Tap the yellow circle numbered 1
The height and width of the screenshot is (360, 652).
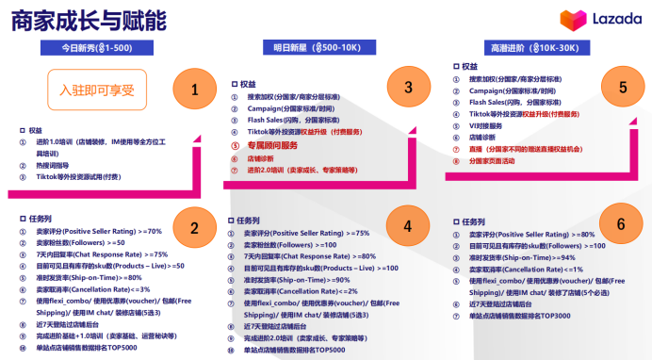195,90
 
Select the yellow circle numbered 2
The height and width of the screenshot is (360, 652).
195,227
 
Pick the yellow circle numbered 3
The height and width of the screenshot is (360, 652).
408,88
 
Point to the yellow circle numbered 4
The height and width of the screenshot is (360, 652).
408,226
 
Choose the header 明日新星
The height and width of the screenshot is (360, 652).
305,47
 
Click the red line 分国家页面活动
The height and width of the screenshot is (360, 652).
503,160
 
